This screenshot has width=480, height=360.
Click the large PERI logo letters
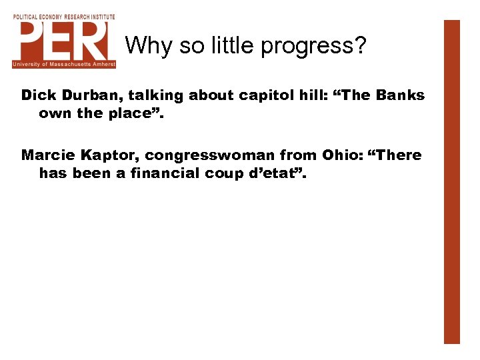click(64, 41)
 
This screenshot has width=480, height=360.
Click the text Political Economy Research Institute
click(64, 17)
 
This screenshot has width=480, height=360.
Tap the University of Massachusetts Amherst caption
click(64, 65)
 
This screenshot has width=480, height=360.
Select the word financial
click(161, 173)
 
